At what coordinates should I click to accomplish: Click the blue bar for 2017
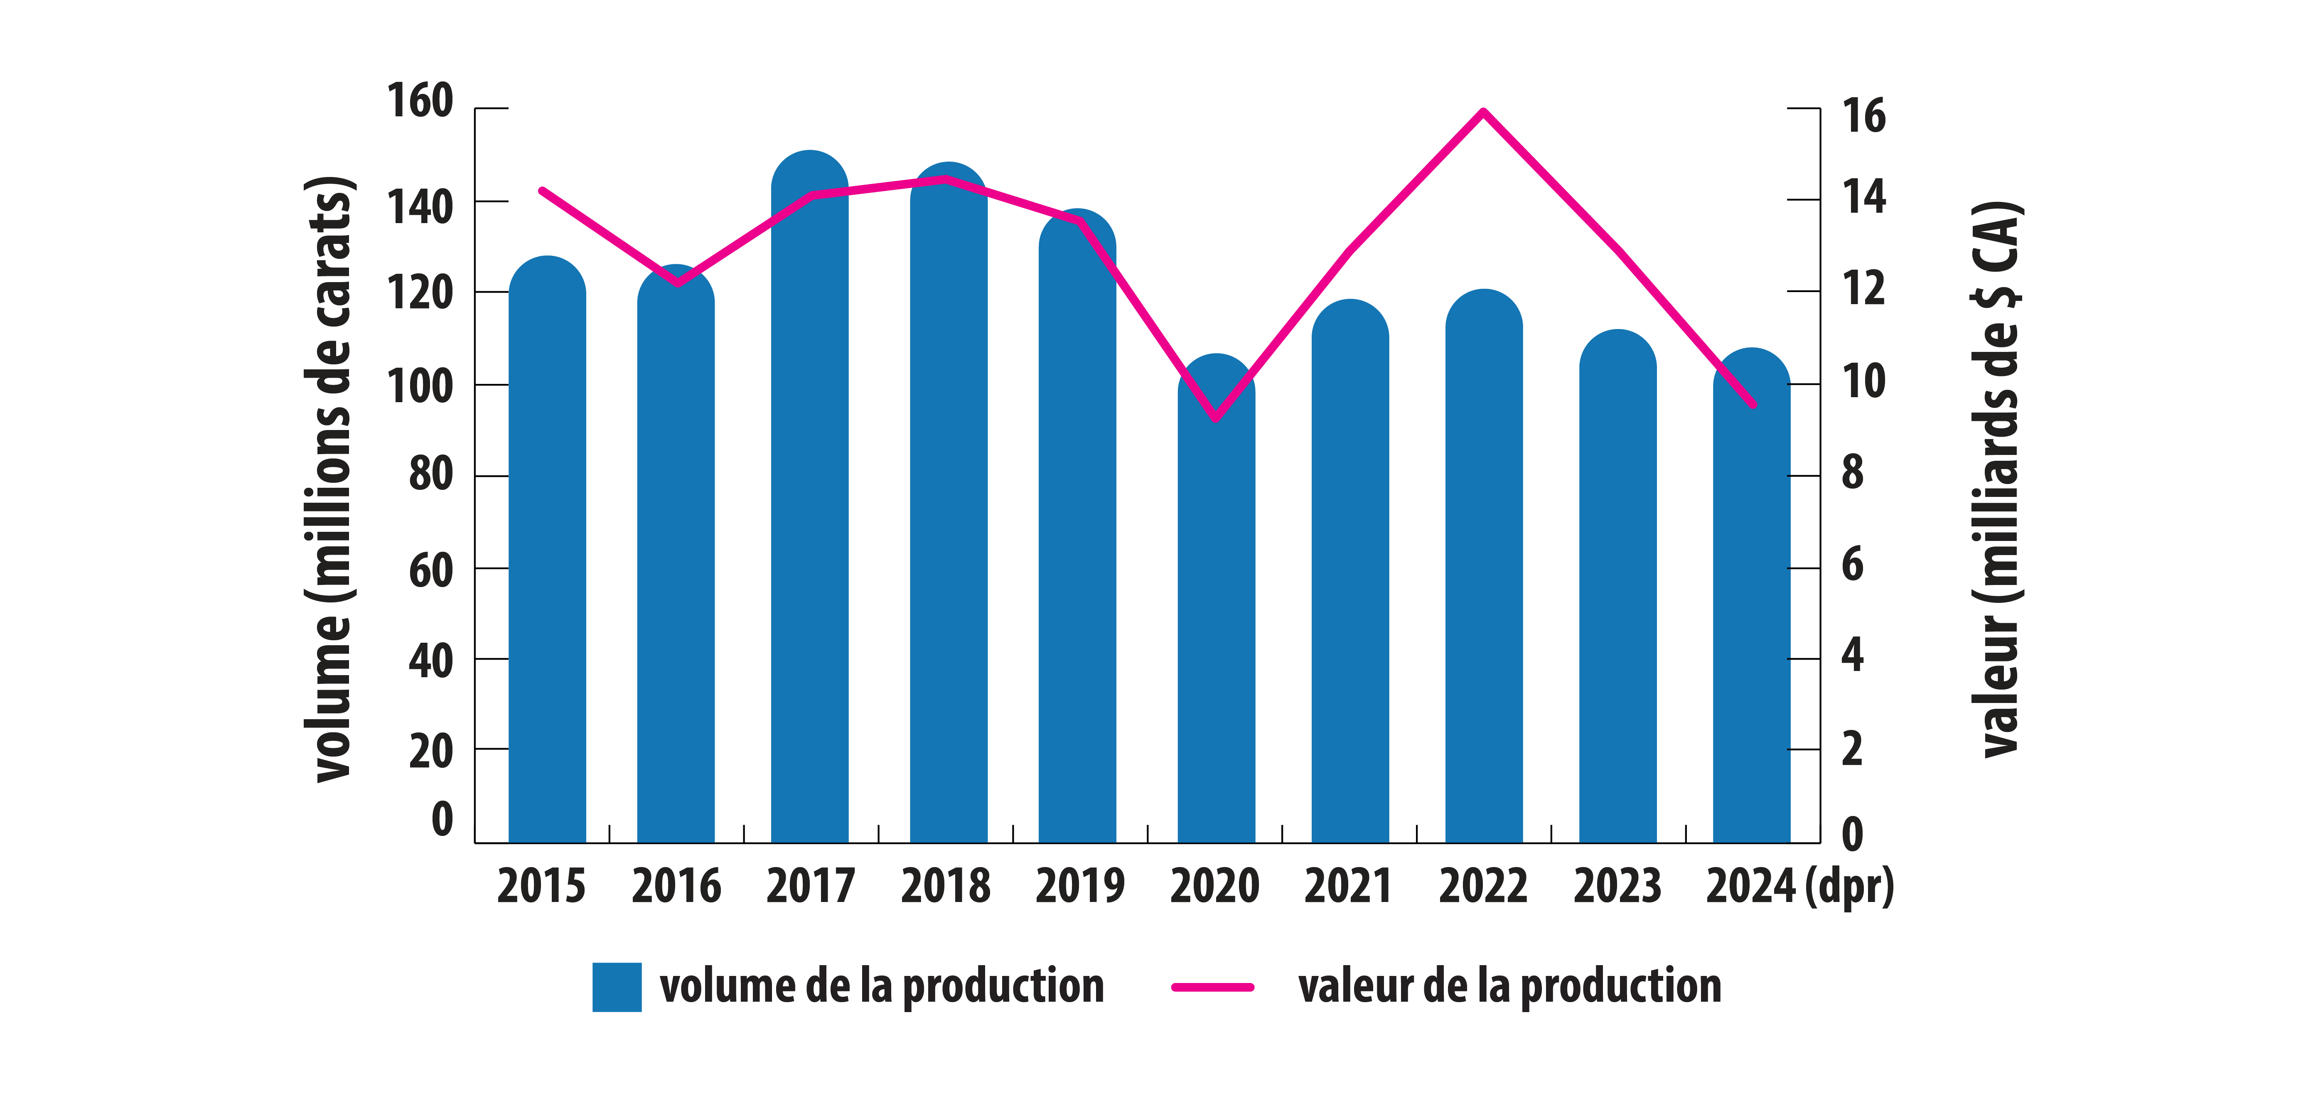[809, 503]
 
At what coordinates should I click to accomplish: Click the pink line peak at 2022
[1483, 111]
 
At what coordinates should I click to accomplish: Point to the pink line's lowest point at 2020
[1216, 418]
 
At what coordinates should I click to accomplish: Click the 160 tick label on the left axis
[419, 101]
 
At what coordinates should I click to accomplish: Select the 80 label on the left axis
[431, 474]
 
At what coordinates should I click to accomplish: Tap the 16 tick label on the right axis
[1863, 117]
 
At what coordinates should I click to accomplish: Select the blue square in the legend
[617, 987]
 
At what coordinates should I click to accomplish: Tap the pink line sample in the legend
[1212, 987]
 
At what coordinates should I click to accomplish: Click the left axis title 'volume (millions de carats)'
[330, 480]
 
